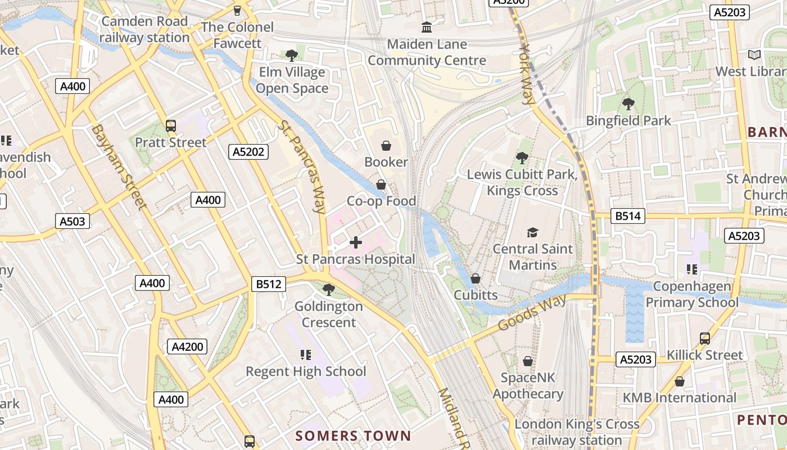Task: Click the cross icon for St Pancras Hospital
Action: pyautogui.click(x=356, y=242)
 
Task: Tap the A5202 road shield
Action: pyautogui.click(x=248, y=151)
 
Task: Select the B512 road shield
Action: pyautogui.click(x=268, y=284)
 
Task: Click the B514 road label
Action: pyautogui.click(x=628, y=216)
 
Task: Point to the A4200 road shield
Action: pyautogui.click(x=187, y=346)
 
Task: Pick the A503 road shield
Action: pyautogui.click(x=73, y=221)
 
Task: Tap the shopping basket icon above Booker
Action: pyautogui.click(x=386, y=146)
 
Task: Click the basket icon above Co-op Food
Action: pyautogui.click(x=381, y=184)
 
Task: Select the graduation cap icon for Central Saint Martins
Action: pyautogui.click(x=532, y=232)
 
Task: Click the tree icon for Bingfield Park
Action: pyautogui.click(x=628, y=104)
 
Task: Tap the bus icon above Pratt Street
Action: pyautogui.click(x=171, y=126)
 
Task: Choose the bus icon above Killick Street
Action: pyautogui.click(x=704, y=339)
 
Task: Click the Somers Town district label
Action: pyautogui.click(x=353, y=436)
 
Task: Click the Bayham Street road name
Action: pyautogui.click(x=119, y=167)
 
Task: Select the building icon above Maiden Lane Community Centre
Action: pyautogui.click(x=427, y=27)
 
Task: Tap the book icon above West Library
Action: pyautogui.click(x=754, y=55)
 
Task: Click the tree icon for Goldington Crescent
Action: pyautogui.click(x=329, y=290)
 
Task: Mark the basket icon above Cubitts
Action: pyautogui.click(x=475, y=278)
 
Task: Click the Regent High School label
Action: pyautogui.click(x=306, y=371)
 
